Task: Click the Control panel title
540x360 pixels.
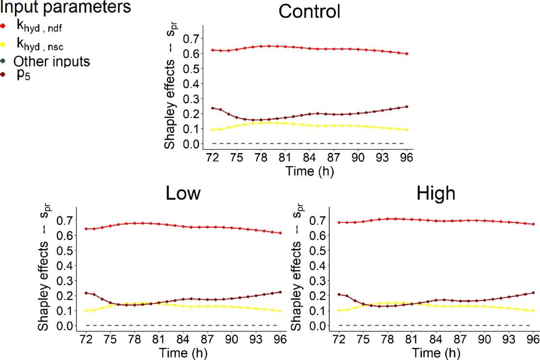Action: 309,12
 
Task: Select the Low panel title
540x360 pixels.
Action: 183,193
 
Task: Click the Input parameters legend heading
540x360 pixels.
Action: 65,7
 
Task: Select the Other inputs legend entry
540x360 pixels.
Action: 51,62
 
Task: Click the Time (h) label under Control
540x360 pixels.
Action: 309,171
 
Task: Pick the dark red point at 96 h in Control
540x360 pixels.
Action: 407,107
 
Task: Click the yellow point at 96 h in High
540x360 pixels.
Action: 533,311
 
